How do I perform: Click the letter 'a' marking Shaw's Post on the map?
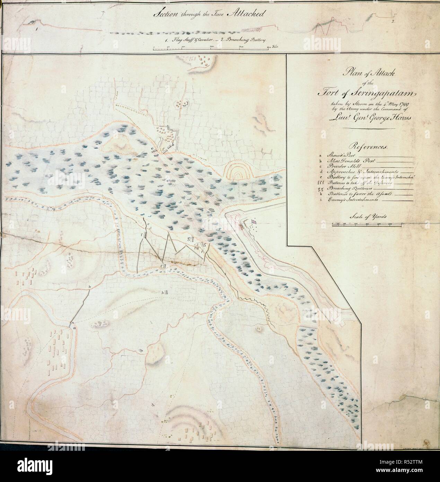73,327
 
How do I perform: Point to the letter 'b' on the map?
90,287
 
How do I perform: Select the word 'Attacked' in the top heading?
244,15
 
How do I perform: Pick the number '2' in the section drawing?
393,21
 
